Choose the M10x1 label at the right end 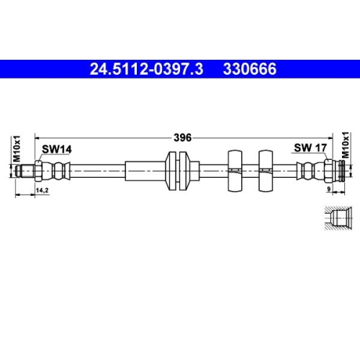click(x=346, y=147)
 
